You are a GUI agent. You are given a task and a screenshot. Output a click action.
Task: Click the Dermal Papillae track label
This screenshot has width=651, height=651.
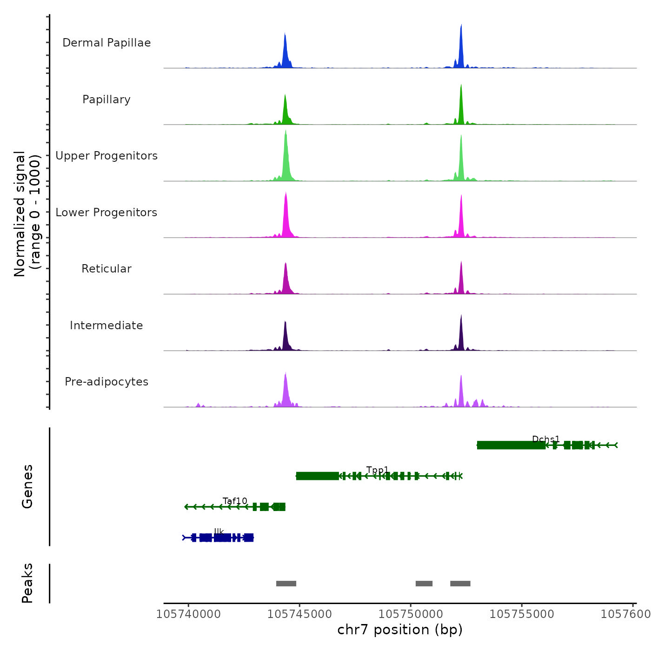click(106, 43)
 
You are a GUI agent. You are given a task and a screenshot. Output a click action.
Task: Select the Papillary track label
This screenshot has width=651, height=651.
click(106, 100)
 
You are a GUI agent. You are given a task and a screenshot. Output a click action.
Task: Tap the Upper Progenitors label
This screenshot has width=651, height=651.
click(106, 156)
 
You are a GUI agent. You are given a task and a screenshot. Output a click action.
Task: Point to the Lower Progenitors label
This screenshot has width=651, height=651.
click(106, 213)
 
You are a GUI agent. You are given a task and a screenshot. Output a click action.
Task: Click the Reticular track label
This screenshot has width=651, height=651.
click(106, 269)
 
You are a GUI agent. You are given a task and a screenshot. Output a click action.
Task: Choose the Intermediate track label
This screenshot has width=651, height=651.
click(106, 325)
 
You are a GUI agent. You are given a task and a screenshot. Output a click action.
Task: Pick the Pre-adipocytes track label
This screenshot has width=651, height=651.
click(106, 382)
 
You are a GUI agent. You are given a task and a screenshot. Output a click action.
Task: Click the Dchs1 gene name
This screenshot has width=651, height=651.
click(546, 439)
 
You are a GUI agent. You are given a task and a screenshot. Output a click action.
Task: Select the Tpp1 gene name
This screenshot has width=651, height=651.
click(377, 470)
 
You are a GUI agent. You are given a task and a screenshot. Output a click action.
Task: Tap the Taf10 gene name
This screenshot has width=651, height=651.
click(235, 501)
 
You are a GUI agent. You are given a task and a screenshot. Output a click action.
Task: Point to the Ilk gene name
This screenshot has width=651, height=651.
click(219, 531)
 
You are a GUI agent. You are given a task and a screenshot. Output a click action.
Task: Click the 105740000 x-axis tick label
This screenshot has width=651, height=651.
click(188, 614)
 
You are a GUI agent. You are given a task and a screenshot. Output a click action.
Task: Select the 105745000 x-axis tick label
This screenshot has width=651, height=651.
click(300, 614)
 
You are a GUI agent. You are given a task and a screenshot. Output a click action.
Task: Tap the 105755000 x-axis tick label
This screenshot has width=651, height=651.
click(522, 614)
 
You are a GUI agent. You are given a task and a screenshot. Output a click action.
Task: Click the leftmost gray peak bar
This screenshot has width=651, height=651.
click(286, 584)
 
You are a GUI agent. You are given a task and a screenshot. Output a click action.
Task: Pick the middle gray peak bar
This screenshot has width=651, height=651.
click(424, 584)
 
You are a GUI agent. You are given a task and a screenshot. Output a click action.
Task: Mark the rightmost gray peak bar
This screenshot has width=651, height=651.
click(460, 584)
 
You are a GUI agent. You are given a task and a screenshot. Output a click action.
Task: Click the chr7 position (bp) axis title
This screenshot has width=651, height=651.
click(400, 630)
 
